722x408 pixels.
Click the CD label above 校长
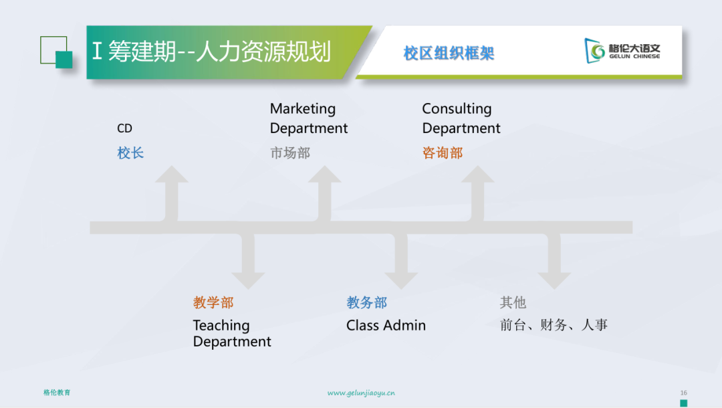[x=124, y=128]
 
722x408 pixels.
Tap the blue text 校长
[x=130, y=153]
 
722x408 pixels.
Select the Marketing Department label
[x=308, y=118]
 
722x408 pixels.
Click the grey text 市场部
[x=290, y=153]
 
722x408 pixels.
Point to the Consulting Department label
[x=461, y=118]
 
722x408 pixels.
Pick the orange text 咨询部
[x=443, y=153]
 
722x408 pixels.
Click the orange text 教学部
[x=213, y=302]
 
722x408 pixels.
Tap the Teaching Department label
[x=232, y=333]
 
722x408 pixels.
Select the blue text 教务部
[x=366, y=302]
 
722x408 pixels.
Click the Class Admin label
[x=386, y=326]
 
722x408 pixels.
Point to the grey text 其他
[x=513, y=302]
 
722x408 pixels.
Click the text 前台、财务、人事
[x=554, y=325]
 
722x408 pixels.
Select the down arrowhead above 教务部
[x=401, y=281]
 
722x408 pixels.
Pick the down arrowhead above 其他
[x=554, y=281]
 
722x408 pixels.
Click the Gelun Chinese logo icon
[x=594, y=51]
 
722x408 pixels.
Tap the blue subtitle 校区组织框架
[x=449, y=54]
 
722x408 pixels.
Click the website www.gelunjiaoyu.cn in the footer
[x=361, y=393]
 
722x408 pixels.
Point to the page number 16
[x=683, y=393]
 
